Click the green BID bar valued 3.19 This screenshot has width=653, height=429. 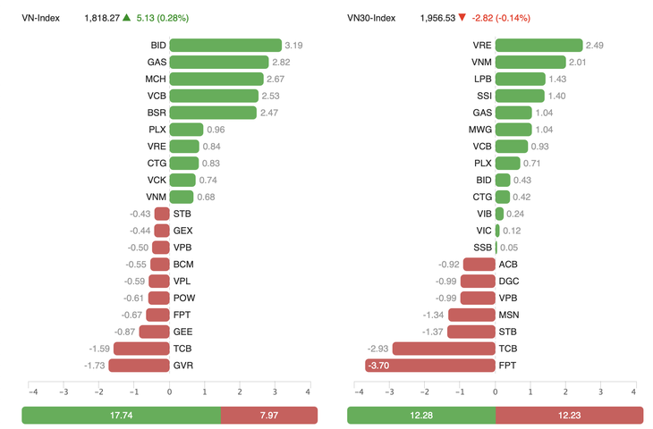point(225,45)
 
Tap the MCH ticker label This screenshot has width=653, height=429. point(156,79)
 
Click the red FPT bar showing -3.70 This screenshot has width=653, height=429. point(430,366)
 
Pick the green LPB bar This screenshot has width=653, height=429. point(520,79)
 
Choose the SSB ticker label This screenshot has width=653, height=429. point(481,248)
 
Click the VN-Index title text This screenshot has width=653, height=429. point(41,18)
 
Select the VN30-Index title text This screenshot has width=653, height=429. point(370,18)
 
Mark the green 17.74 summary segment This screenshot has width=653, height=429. point(121,415)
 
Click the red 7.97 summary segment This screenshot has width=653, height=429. point(269,415)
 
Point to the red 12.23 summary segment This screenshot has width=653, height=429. point(569,415)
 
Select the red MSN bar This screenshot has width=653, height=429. point(471,315)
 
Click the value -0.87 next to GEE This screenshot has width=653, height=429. point(124,332)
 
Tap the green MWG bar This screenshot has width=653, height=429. point(513,130)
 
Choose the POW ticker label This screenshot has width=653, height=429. point(182,298)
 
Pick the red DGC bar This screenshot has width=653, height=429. point(478,281)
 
